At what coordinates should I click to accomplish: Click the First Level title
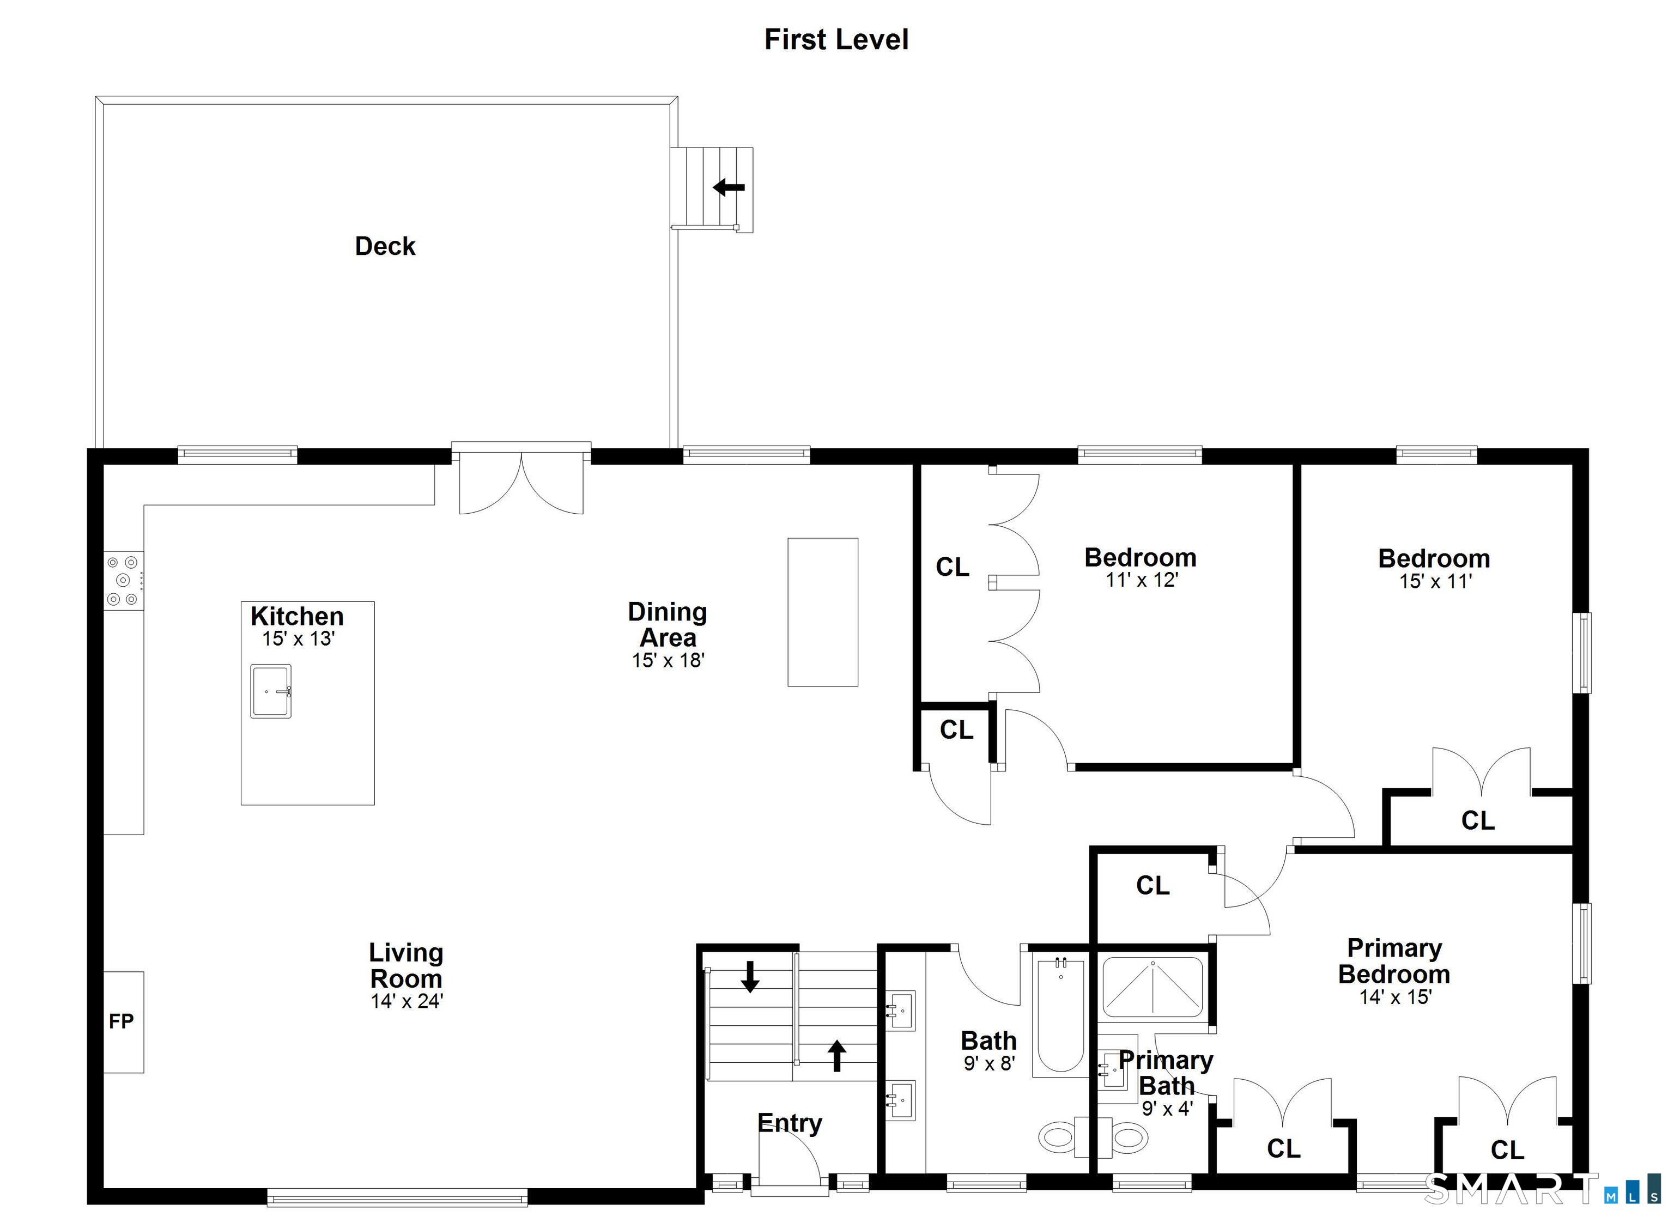click(x=836, y=40)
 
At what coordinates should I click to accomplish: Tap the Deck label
click(x=385, y=246)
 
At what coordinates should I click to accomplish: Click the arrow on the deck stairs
click(x=729, y=187)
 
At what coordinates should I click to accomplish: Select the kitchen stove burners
click(x=123, y=581)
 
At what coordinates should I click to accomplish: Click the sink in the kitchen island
click(x=271, y=691)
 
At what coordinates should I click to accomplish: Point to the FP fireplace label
click(x=122, y=1021)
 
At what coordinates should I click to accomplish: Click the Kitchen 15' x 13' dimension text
click(x=298, y=639)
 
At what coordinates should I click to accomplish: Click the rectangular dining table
click(x=822, y=612)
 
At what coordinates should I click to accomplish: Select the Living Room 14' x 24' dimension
click(x=407, y=1001)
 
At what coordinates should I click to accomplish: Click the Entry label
click(x=790, y=1123)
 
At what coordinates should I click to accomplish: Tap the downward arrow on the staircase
click(x=750, y=976)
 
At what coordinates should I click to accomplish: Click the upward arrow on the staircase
click(x=836, y=1055)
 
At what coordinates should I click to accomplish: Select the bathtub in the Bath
click(x=1060, y=1015)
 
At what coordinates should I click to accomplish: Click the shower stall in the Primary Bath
click(x=1153, y=988)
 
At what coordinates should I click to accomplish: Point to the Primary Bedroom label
click(x=1394, y=961)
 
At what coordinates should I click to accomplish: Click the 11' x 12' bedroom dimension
click(x=1141, y=580)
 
